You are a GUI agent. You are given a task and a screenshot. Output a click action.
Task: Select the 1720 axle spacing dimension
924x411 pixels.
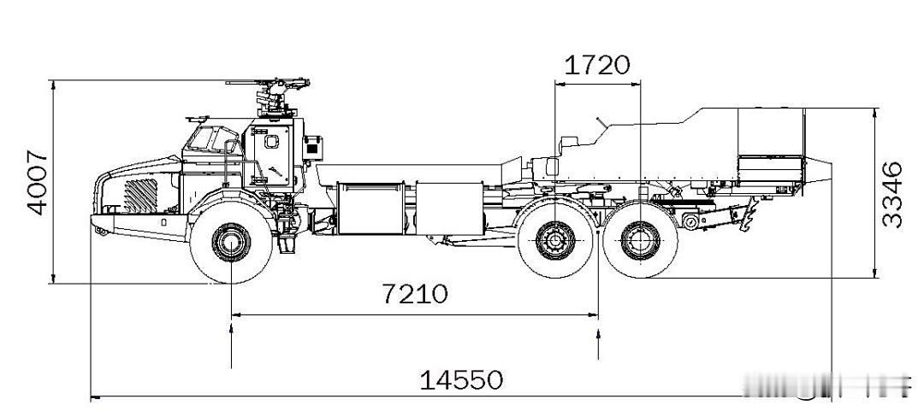pyautogui.click(x=598, y=64)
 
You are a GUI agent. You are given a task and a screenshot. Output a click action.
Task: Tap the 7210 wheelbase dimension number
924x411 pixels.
pyautogui.click(x=414, y=294)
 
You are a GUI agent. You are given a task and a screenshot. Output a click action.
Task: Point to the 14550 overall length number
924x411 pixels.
pyautogui.click(x=461, y=379)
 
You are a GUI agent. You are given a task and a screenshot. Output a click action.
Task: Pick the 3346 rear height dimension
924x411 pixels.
pyautogui.click(x=892, y=193)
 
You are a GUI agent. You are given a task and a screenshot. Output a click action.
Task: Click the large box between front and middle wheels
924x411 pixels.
pyautogui.click(x=370, y=208)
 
